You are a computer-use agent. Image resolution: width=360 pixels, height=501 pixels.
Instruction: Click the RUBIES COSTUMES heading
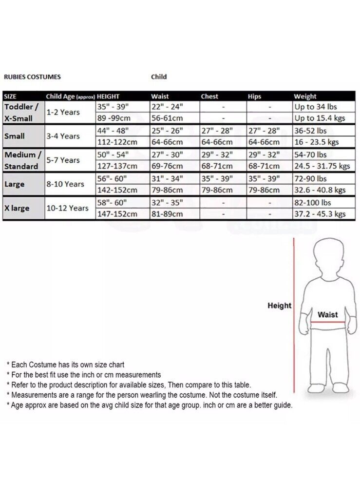pos(32,77)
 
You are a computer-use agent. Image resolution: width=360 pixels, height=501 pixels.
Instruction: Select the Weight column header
pos(305,96)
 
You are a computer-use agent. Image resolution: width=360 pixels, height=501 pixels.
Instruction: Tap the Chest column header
pos(209,96)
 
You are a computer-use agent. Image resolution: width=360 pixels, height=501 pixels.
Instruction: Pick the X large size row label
pos(17,208)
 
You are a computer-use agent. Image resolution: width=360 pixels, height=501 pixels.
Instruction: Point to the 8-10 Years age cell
pos(65,184)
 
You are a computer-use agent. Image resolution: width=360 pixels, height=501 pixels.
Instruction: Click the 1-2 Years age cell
pos(63,112)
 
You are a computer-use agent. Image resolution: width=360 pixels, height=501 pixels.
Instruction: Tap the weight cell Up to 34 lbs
pos(316,106)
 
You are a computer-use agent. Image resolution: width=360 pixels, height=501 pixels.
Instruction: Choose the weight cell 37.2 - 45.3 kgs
pos(320,214)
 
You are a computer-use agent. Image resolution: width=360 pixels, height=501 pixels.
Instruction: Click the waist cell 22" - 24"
pos(167,106)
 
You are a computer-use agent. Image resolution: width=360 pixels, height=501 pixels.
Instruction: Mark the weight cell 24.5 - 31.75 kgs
pos(322,166)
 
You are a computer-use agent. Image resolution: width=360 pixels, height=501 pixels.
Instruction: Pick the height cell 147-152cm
pos(117,214)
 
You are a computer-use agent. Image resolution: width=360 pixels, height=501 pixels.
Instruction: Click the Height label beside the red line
pos(279,306)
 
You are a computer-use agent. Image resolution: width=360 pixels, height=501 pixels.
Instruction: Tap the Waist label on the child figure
pos(327,315)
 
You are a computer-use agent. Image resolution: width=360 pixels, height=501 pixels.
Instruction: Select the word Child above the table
pos(159,77)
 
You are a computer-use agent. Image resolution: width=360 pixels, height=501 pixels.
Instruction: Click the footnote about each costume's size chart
pos(65,365)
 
